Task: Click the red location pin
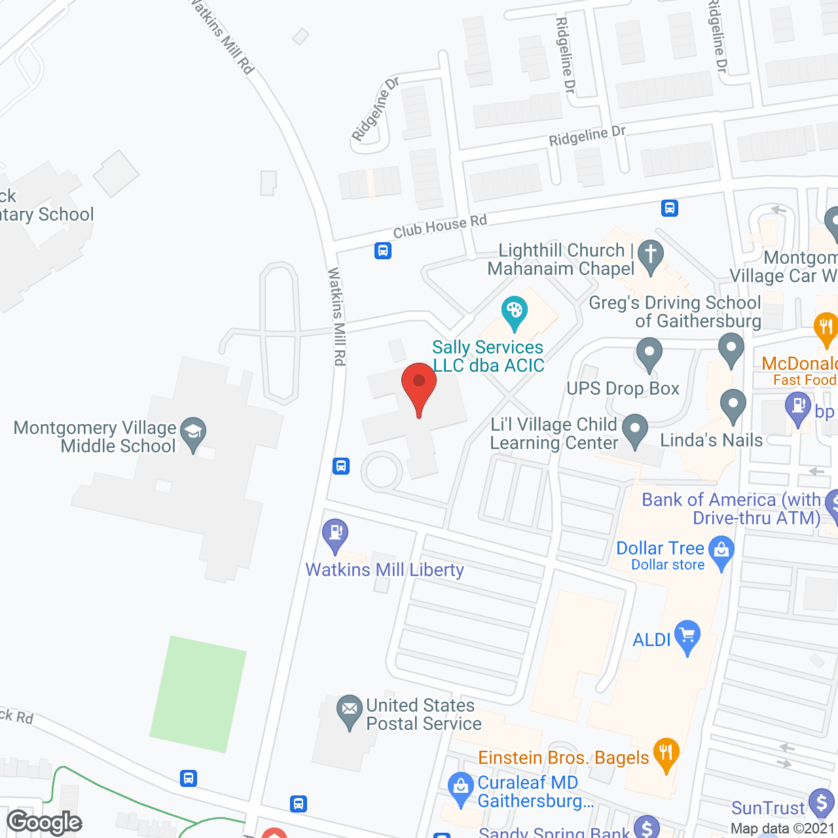[419, 387]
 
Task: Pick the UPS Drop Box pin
[649, 354]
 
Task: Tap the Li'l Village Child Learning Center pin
[634, 429]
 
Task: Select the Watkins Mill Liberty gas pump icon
[335, 534]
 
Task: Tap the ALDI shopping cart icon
[687, 636]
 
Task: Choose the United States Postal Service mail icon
[350, 710]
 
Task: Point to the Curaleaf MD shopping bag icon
[461, 788]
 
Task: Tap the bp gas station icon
[798, 408]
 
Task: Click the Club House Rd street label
[439, 227]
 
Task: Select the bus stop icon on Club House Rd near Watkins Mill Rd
[383, 250]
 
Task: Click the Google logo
[45, 822]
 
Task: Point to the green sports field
[198, 694]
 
